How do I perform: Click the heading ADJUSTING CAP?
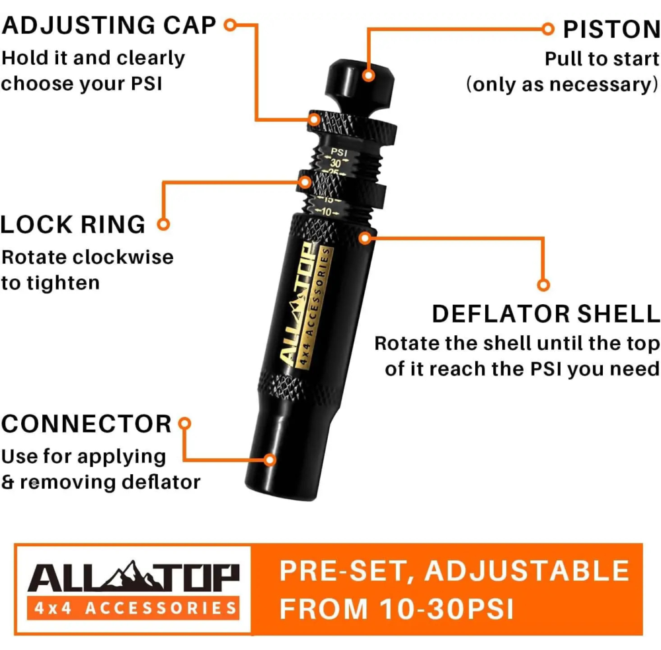coord(109,25)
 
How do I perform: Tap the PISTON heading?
coord(611,30)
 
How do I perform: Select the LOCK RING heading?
coord(73,224)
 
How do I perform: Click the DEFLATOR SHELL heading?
coord(546,314)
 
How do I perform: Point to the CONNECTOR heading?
coord(87,423)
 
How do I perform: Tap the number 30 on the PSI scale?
coord(336,163)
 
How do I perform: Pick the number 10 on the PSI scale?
coord(327,212)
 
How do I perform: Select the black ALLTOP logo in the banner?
coord(134,576)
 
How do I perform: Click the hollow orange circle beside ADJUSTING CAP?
coord(230,25)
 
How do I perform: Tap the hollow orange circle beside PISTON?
coord(547,29)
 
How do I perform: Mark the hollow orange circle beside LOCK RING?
coord(163,224)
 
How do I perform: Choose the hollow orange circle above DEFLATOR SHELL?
coord(543,285)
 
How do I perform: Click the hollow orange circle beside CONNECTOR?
coord(184,423)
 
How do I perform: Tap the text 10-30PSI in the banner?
coord(446,609)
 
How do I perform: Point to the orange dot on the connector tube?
coord(270,460)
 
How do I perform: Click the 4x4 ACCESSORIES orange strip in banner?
coord(134,608)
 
